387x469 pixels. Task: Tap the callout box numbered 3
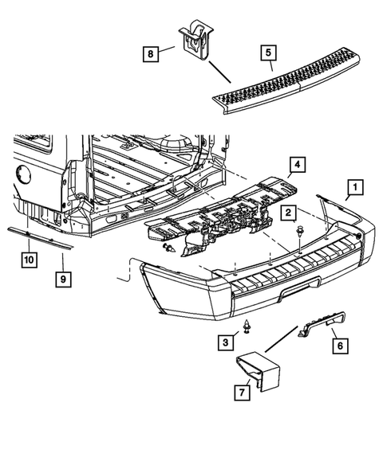[226, 342]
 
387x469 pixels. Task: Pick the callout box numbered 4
[295, 166]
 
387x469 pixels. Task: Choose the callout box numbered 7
[239, 391]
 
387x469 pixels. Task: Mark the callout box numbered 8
[151, 53]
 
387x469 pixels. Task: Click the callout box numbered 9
[62, 279]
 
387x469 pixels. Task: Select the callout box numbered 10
[28, 260]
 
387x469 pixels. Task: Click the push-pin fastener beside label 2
[298, 232]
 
